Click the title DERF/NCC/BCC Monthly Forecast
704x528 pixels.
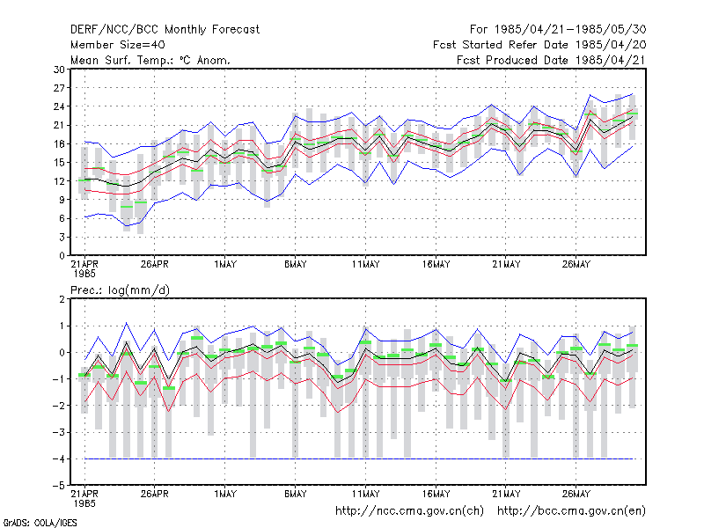click(165, 30)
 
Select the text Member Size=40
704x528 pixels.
click(118, 45)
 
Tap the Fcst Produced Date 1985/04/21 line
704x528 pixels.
click(552, 60)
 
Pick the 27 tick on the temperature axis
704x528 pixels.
click(59, 88)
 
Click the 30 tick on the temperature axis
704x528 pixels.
click(59, 70)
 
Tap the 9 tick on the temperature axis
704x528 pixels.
click(62, 200)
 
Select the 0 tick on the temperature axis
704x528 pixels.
click(62, 256)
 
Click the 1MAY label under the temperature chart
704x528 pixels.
click(225, 265)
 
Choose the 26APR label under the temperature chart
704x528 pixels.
click(155, 265)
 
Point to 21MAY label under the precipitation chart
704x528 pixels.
click(506, 494)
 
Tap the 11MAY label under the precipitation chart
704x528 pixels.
click(365, 494)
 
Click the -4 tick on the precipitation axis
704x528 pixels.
click(59, 459)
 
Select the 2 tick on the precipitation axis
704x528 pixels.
click(62, 299)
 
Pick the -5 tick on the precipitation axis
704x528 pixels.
click(59, 486)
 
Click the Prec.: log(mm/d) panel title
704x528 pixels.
click(121, 290)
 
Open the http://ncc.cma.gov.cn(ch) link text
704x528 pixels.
click(409, 511)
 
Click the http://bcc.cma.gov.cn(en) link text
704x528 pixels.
click(571, 511)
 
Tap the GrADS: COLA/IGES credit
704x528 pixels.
click(40, 523)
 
